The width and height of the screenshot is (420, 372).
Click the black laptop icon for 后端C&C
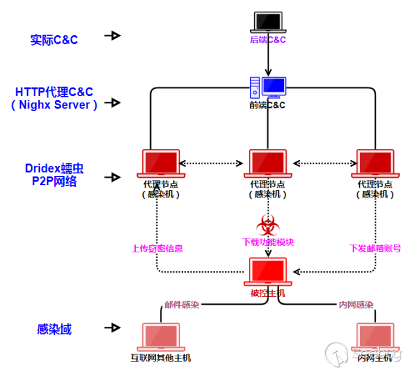pyautogui.click(x=268, y=22)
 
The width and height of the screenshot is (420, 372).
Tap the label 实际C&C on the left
pyautogui.click(x=54, y=40)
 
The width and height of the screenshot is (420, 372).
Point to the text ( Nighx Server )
pyautogui.click(x=54, y=105)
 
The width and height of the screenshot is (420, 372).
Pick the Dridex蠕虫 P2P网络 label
pyautogui.click(x=55, y=175)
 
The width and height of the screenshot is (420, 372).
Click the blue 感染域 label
pyautogui.click(x=54, y=330)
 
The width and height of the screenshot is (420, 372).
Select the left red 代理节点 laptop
pyautogui.click(x=161, y=163)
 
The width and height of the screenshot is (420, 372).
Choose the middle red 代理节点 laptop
pyautogui.click(x=268, y=163)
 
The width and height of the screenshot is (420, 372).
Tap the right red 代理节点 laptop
pyautogui.click(x=376, y=163)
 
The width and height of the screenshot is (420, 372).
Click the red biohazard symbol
pyautogui.click(x=267, y=224)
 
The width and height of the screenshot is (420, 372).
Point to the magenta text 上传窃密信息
pyautogui.click(x=157, y=248)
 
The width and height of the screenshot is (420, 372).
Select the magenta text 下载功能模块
pyautogui.click(x=268, y=242)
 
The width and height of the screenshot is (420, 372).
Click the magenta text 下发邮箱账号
pyautogui.click(x=375, y=248)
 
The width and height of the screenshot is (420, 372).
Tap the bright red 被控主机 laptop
pyautogui.click(x=268, y=271)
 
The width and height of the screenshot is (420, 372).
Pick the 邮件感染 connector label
pyautogui.click(x=182, y=305)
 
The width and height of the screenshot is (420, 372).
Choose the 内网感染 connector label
pyautogui.click(x=356, y=305)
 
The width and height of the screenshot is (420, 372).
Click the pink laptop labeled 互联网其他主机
pyautogui.click(x=161, y=336)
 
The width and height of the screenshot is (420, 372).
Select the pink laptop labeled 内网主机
pyautogui.click(x=375, y=336)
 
